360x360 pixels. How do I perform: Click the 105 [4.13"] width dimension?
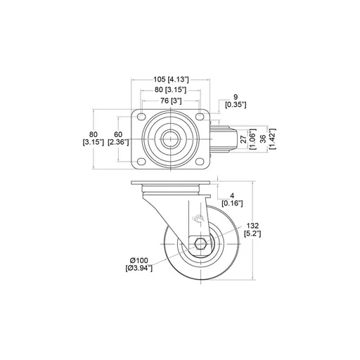pyautogui.click(x=171, y=79)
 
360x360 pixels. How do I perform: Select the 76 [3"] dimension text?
pyautogui.click(x=171, y=101)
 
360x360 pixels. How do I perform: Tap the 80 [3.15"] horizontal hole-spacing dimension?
pyautogui.click(x=171, y=90)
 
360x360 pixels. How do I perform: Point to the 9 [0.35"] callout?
pyautogui.click(x=236, y=101)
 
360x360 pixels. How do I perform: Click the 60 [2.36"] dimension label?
pyautogui.click(x=118, y=139)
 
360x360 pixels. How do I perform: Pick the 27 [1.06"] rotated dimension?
pyautogui.click(x=248, y=139)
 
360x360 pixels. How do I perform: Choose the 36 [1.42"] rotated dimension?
pyautogui.click(x=268, y=139)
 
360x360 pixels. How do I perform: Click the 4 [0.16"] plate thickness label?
pyautogui.click(x=232, y=200)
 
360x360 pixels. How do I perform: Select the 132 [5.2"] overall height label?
pyautogui.click(x=252, y=230)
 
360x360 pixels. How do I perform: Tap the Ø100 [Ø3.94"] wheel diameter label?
pyautogui.click(x=139, y=264)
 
